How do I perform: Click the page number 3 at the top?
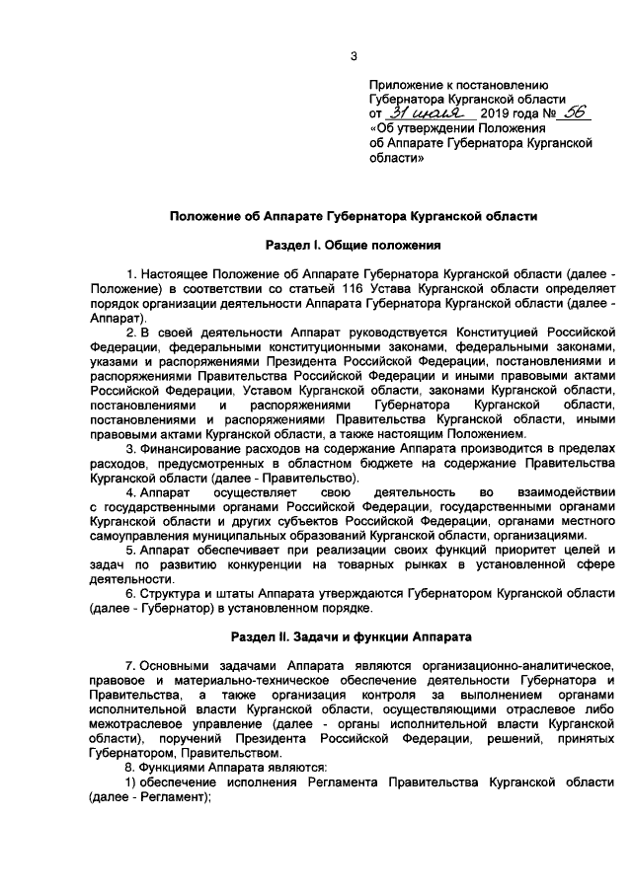353,55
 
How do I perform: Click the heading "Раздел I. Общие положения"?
353,243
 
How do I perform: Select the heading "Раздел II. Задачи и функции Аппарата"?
353,637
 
